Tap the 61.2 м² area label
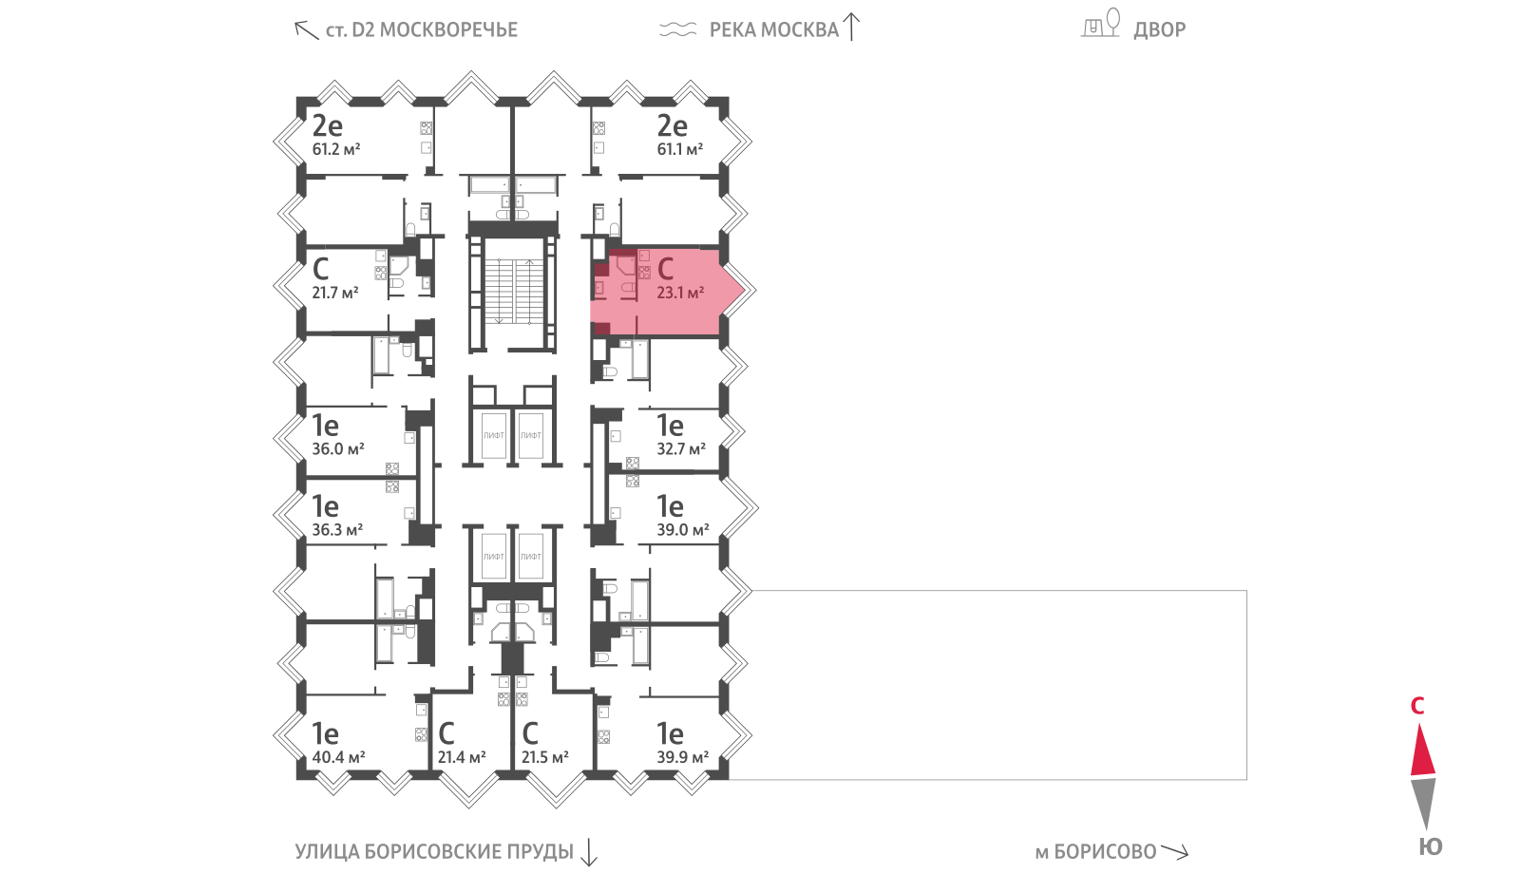(x=336, y=149)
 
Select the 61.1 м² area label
(x=680, y=149)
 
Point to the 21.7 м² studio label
(x=335, y=294)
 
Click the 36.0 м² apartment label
(x=338, y=449)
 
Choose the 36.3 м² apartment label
(x=337, y=530)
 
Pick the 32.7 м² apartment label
(x=681, y=449)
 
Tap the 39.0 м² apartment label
(x=683, y=530)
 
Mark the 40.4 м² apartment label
(x=338, y=757)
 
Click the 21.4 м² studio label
(x=462, y=757)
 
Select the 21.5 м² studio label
(x=545, y=757)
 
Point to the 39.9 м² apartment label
(x=683, y=757)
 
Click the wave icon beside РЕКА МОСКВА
(x=678, y=29)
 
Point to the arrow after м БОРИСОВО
(x=1174, y=851)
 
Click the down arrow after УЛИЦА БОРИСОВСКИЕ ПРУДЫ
(x=589, y=852)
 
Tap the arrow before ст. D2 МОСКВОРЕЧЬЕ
(x=306, y=29)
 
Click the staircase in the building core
(x=514, y=292)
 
